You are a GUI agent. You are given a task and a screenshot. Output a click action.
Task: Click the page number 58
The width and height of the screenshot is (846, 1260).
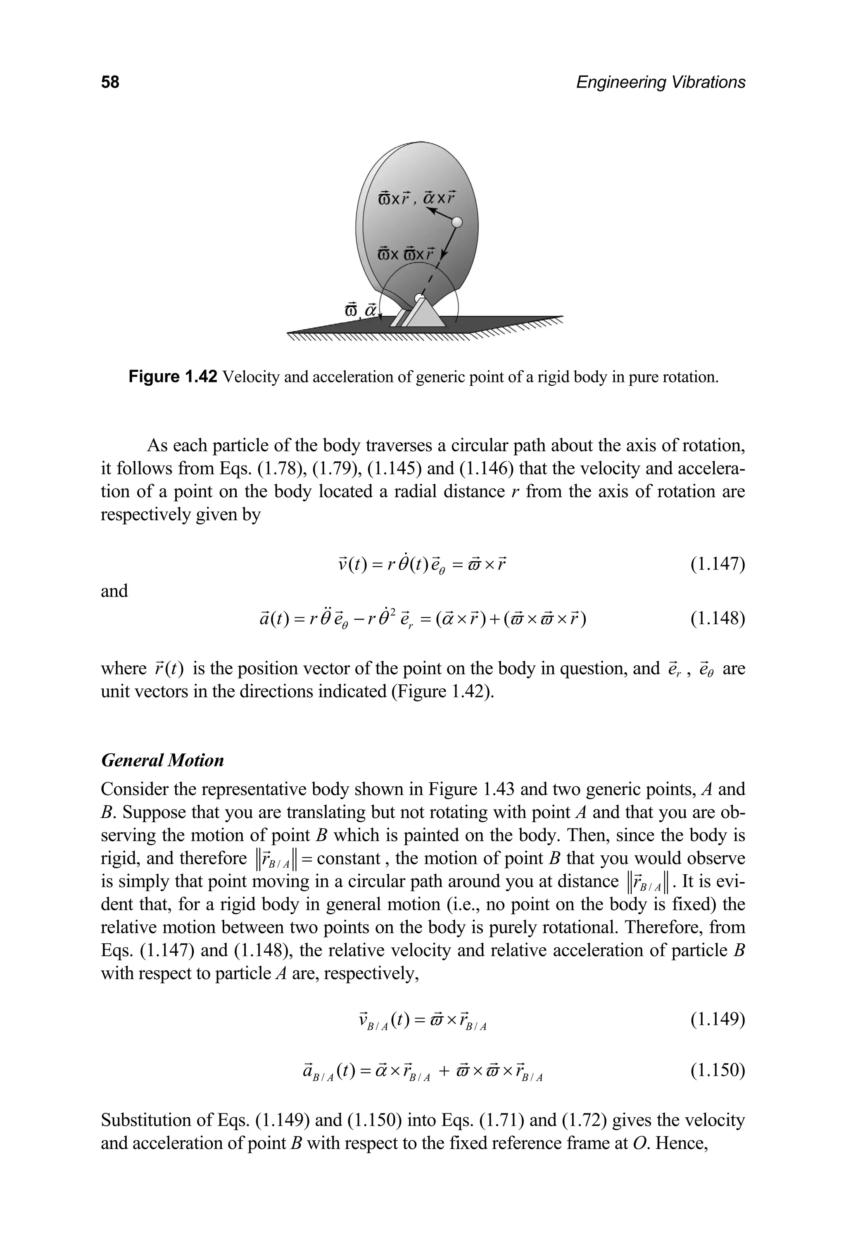point(110,82)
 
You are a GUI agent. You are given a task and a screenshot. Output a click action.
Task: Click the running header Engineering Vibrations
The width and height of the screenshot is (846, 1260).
point(661,82)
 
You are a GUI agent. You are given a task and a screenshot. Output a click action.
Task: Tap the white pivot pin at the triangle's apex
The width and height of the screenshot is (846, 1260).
point(419,298)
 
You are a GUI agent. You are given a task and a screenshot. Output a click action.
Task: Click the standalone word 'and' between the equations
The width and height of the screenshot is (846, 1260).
point(114,591)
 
